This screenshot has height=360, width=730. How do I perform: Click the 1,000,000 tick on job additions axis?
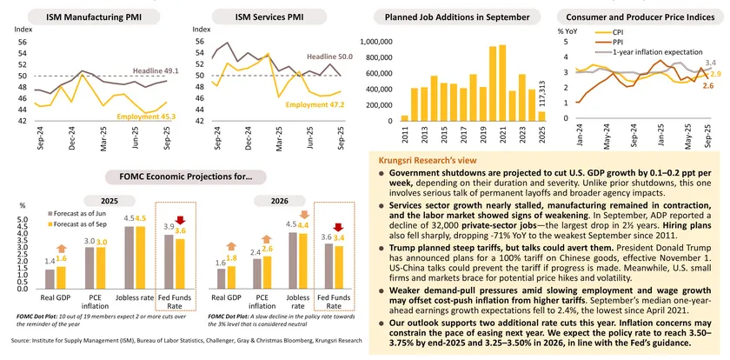coord(375,42)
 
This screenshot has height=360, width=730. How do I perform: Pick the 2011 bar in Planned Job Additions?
coord(404,117)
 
